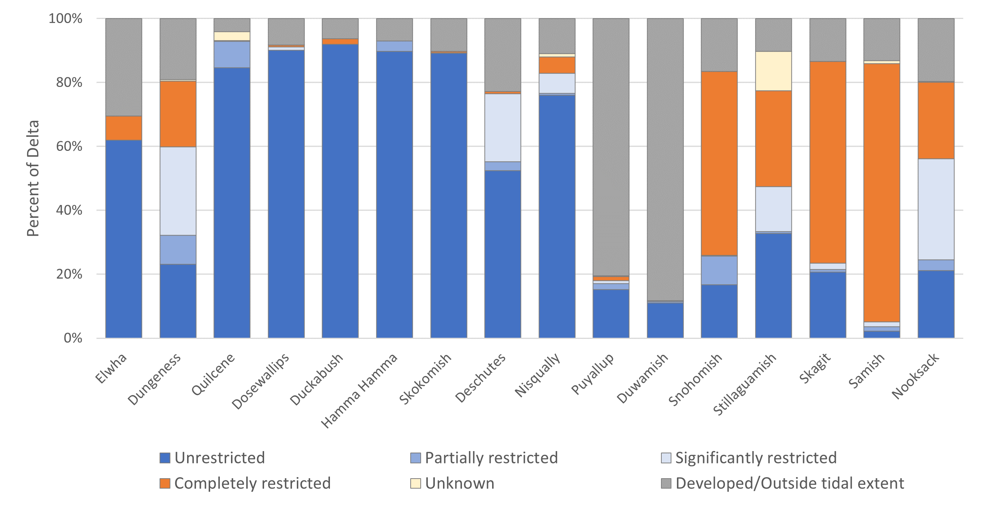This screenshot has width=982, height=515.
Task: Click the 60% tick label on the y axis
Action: pyautogui.click(x=68, y=146)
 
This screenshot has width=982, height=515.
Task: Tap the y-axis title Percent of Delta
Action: pyautogui.click(x=33, y=178)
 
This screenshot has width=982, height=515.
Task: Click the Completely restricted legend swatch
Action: pyautogui.click(x=165, y=483)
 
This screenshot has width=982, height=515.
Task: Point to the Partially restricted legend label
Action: pyautogui.click(x=491, y=458)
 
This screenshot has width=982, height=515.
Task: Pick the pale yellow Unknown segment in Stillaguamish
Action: pyautogui.click(x=773, y=71)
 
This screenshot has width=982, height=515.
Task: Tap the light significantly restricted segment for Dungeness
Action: pyautogui.click(x=178, y=191)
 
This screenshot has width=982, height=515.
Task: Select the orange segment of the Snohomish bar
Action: pyautogui.click(x=719, y=163)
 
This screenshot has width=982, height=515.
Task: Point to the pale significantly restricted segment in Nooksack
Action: pyautogui.click(x=936, y=209)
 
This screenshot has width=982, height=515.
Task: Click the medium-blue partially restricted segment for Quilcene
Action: pyautogui.click(x=232, y=55)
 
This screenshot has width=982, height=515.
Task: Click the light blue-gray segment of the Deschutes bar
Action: pyautogui.click(x=503, y=127)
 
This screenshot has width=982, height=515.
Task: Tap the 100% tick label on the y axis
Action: pyautogui.click(x=65, y=18)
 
